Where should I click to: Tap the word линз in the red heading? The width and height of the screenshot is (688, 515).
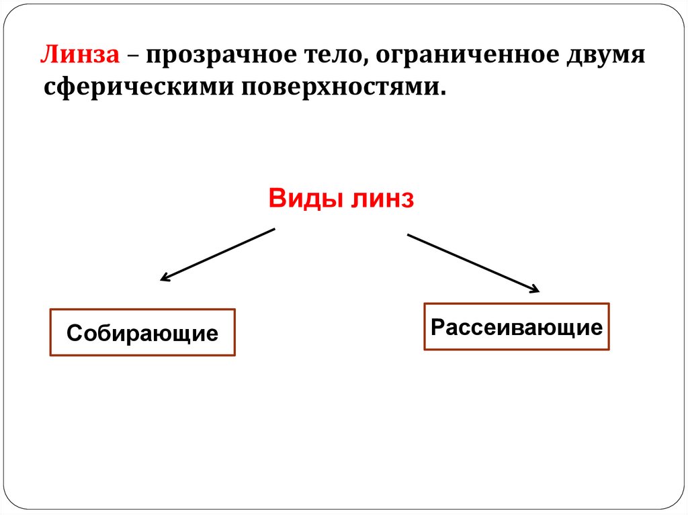379,199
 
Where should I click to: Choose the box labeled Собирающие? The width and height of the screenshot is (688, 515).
142,332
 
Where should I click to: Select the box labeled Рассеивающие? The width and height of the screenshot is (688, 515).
516,327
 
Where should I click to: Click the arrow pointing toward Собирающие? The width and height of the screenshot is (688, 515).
217,254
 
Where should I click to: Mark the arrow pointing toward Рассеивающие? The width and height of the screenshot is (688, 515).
473,263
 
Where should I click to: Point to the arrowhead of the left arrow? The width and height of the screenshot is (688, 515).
164,277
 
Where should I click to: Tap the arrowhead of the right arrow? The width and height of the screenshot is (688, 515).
534,289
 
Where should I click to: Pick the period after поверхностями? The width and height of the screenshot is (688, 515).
443,92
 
